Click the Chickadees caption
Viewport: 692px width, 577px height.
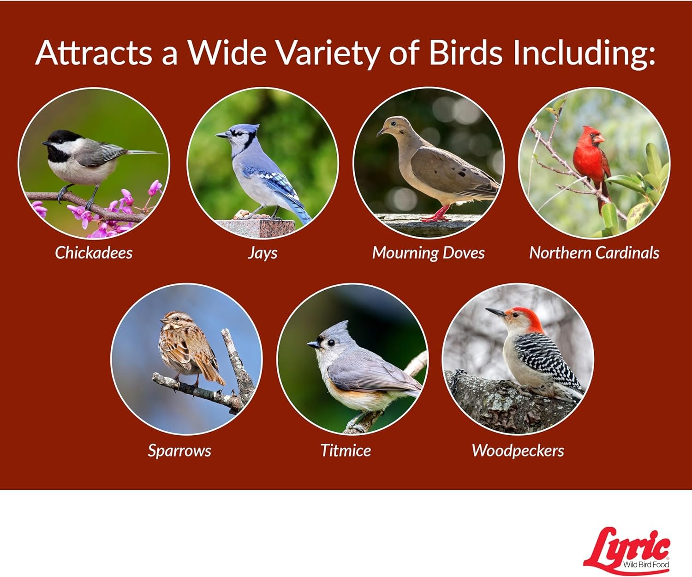pyautogui.click(x=94, y=252)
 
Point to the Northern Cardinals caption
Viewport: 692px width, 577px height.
pyautogui.click(x=594, y=252)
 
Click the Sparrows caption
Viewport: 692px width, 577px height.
pyautogui.click(x=179, y=451)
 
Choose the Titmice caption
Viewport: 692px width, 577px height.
pyautogui.click(x=346, y=451)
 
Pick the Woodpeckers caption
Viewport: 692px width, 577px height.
pyautogui.click(x=518, y=451)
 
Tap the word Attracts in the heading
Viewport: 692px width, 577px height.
pyautogui.click(x=94, y=53)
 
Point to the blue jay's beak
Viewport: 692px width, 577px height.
pyautogui.click(x=222, y=135)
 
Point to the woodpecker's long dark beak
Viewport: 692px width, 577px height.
pyautogui.click(x=496, y=312)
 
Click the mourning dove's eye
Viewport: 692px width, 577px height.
pyautogui.click(x=393, y=124)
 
